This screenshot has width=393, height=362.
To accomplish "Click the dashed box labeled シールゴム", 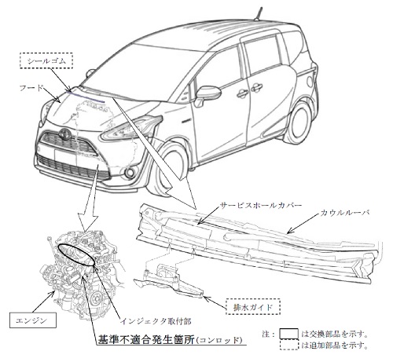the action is (x=46, y=61).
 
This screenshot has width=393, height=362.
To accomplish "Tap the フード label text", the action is (x=31, y=88).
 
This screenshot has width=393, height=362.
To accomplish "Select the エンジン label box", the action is (x=33, y=320).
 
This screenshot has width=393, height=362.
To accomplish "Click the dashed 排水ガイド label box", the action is (x=253, y=307).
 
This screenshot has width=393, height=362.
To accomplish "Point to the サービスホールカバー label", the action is (x=260, y=205).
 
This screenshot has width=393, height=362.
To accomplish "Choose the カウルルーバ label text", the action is (x=345, y=213).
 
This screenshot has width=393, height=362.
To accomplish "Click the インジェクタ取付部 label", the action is (x=156, y=321).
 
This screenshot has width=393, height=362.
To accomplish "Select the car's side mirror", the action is (x=207, y=95).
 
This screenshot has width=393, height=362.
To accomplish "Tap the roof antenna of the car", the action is (x=258, y=13).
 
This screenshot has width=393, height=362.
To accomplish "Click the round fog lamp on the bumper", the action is (x=129, y=172).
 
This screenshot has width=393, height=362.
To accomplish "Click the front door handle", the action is (x=243, y=93).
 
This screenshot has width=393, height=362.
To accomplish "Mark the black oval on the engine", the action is (x=75, y=254).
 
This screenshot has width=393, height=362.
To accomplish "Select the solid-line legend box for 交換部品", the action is (x=288, y=334).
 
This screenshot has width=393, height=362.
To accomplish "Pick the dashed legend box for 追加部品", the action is (x=288, y=345).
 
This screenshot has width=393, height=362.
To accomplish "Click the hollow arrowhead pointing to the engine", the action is (x=88, y=222).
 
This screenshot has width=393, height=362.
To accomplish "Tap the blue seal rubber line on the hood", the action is (x=86, y=97).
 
